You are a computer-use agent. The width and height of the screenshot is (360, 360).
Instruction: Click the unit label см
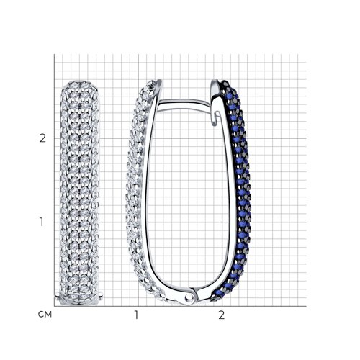point(45,315)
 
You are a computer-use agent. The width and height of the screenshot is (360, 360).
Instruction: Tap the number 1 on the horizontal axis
point(136,315)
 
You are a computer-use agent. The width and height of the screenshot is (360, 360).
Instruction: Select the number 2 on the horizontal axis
point(222,315)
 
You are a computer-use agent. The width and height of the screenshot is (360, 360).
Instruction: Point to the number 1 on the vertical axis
point(42,222)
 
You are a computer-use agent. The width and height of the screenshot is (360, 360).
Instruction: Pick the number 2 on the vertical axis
point(42,138)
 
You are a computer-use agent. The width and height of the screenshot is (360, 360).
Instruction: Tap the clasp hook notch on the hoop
point(217,118)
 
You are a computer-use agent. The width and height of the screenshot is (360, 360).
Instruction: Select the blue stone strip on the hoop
point(239,192)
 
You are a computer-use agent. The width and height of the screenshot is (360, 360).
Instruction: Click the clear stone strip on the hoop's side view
point(137,192)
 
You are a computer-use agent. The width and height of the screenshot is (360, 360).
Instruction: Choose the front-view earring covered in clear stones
point(79,193)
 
